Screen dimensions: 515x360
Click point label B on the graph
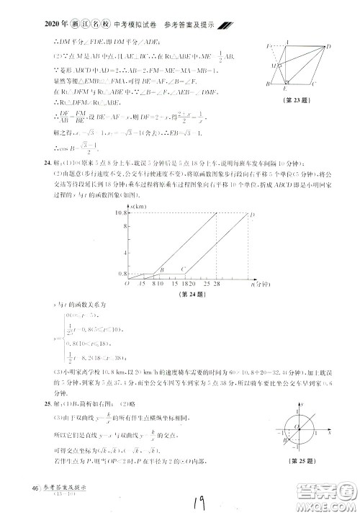(x=161, y=270)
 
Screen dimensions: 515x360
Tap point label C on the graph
(x=184, y=269)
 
